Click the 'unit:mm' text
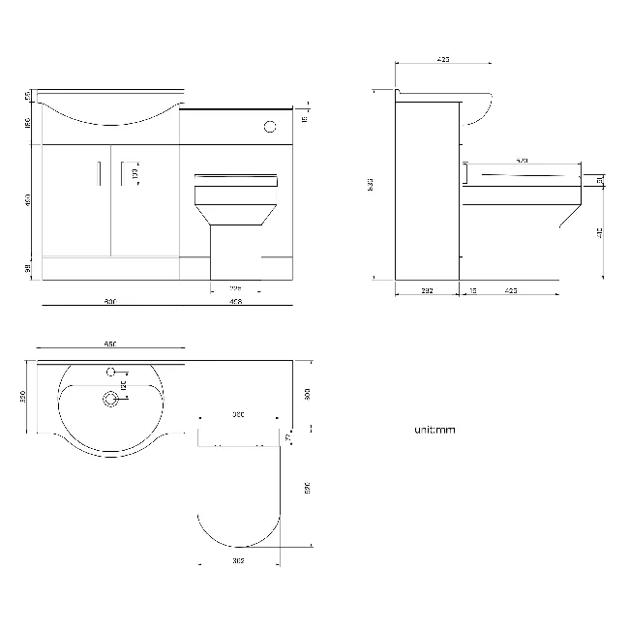tap(434, 430)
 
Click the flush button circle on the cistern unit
tap(270, 125)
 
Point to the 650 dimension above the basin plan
tap(109, 345)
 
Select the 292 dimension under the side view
tap(427, 289)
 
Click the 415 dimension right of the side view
tap(601, 231)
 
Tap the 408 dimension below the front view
tap(235, 302)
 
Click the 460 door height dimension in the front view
tap(29, 200)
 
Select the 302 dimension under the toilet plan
tap(239, 559)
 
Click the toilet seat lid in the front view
tap(237, 177)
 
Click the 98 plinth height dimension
tap(29, 268)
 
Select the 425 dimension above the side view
tap(443, 60)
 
